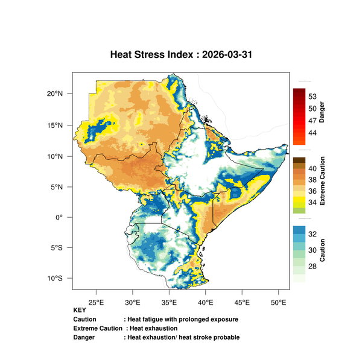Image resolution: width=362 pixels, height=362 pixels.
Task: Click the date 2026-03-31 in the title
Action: tap(227, 54)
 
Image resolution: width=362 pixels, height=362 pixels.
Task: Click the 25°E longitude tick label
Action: tap(97, 302)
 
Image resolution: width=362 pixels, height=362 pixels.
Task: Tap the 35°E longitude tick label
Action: tap(169, 302)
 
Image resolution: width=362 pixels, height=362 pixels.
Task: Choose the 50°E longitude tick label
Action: tap(278, 302)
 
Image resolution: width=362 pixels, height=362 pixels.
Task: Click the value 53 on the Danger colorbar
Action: tap(313, 97)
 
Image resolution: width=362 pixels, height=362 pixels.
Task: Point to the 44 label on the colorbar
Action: tap(313, 133)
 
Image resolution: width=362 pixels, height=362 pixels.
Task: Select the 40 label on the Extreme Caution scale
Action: tap(313, 168)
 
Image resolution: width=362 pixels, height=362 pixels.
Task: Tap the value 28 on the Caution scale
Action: tap(313, 267)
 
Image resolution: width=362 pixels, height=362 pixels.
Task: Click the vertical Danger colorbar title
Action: tap(322, 112)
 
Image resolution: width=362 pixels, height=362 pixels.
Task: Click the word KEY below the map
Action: tap(80, 310)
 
